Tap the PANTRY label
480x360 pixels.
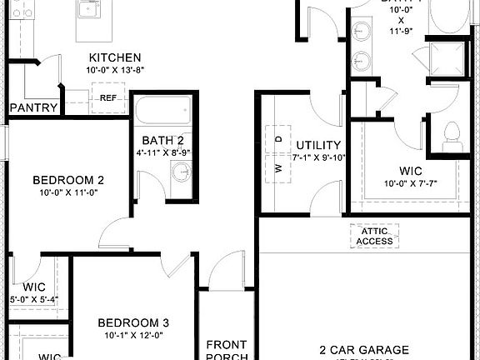tap(33, 108)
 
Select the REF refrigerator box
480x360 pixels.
tap(107, 98)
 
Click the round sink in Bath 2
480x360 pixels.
tap(181, 172)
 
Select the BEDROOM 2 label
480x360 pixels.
tap(68, 179)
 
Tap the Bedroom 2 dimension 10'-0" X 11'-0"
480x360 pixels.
tap(68, 192)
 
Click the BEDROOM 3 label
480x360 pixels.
tap(133, 322)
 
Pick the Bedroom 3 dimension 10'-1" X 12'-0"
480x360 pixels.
tap(133, 336)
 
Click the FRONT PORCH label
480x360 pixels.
tap(227, 350)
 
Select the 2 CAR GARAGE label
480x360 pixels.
tap(365, 350)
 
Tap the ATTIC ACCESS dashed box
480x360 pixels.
tap(374, 237)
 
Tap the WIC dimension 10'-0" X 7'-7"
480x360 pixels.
tap(410, 183)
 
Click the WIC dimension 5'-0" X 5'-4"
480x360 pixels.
tap(33, 300)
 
